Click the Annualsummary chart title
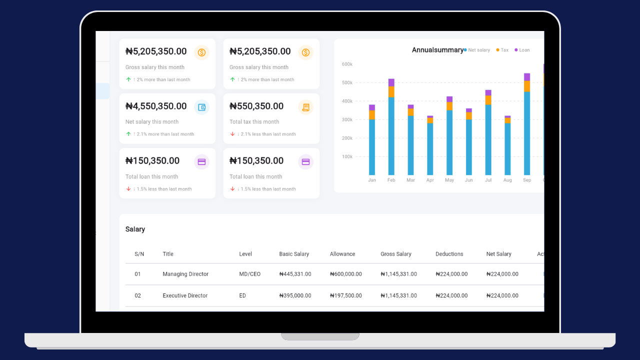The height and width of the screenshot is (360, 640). (x=437, y=50)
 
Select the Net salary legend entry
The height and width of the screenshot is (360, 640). (x=478, y=50)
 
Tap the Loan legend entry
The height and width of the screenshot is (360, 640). (x=523, y=50)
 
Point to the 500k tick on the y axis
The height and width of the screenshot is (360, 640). (x=347, y=82)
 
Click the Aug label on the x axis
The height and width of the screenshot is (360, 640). (x=507, y=180)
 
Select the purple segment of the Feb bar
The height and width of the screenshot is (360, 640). (x=391, y=82)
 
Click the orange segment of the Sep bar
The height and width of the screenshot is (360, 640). (x=527, y=86)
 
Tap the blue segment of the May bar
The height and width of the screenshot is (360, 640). (x=449, y=142)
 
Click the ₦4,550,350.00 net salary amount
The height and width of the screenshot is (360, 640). (x=156, y=106)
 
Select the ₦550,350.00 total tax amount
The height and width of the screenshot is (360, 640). (x=256, y=106)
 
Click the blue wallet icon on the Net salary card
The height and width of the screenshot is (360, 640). (x=201, y=107)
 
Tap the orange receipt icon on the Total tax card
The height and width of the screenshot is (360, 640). (x=305, y=107)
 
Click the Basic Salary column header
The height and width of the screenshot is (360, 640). (x=294, y=254)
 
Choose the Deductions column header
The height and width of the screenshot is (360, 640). (x=449, y=254)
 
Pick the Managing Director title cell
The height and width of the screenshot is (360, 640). (x=185, y=274)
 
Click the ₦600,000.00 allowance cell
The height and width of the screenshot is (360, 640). (x=346, y=274)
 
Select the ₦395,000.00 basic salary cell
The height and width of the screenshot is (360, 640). (x=295, y=295)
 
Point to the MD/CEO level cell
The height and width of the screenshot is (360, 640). (x=250, y=274)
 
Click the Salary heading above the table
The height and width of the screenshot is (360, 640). (x=135, y=229)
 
